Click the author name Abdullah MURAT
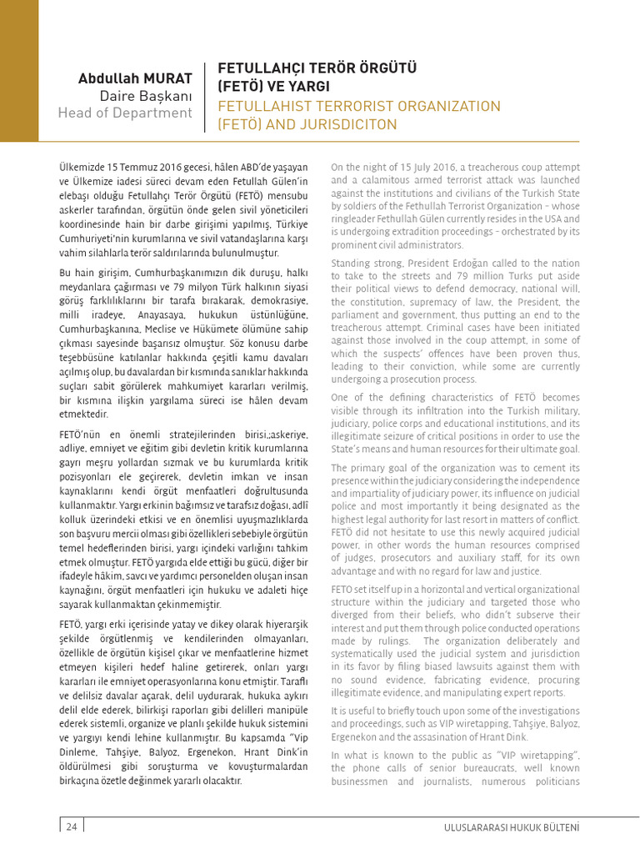(x=135, y=78)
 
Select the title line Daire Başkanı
(x=146, y=95)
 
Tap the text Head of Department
(x=125, y=113)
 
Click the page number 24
(x=71, y=826)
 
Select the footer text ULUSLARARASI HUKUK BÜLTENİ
(x=512, y=827)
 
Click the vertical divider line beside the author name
(x=205, y=96)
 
